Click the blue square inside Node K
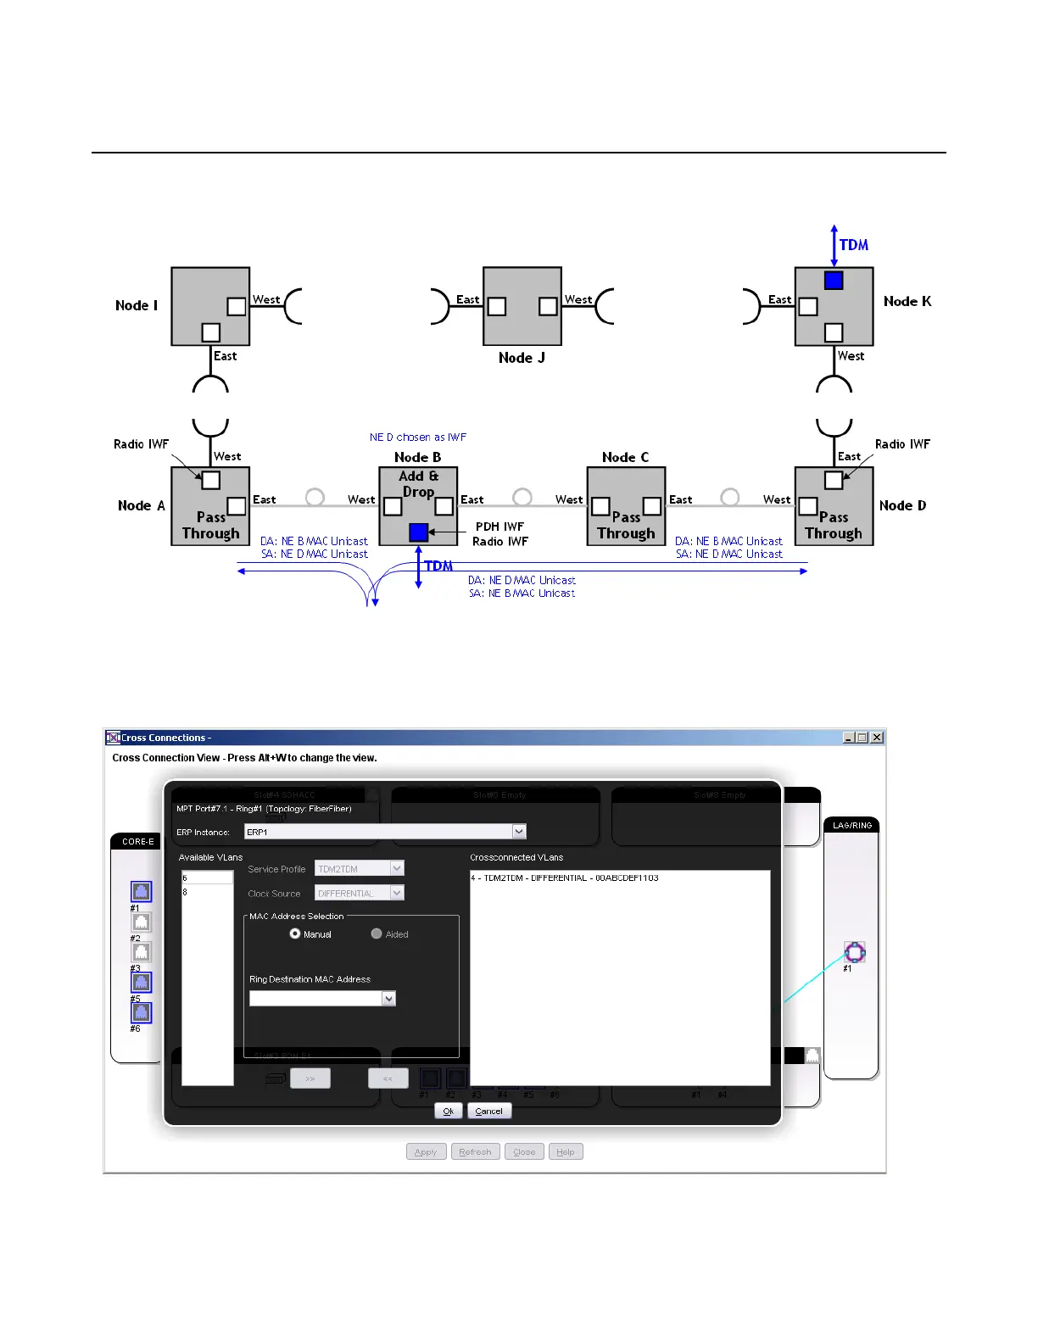click(x=834, y=281)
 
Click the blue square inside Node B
click(x=418, y=532)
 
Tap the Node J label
click(x=522, y=358)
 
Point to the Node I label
click(x=137, y=305)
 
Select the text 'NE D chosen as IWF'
click(x=418, y=437)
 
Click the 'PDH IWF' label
click(x=499, y=527)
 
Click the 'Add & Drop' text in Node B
click(x=418, y=484)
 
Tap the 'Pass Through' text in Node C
click(x=626, y=525)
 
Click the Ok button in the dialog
click(x=448, y=1111)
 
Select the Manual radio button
click(x=295, y=933)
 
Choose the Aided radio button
click(x=377, y=933)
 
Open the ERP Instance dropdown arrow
click(x=520, y=832)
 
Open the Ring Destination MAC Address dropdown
click(x=389, y=999)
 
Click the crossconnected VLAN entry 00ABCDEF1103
click(x=565, y=878)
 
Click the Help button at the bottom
click(x=566, y=1151)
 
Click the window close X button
click(x=878, y=738)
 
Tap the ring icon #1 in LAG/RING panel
click(x=854, y=952)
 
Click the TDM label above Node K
click(x=854, y=245)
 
